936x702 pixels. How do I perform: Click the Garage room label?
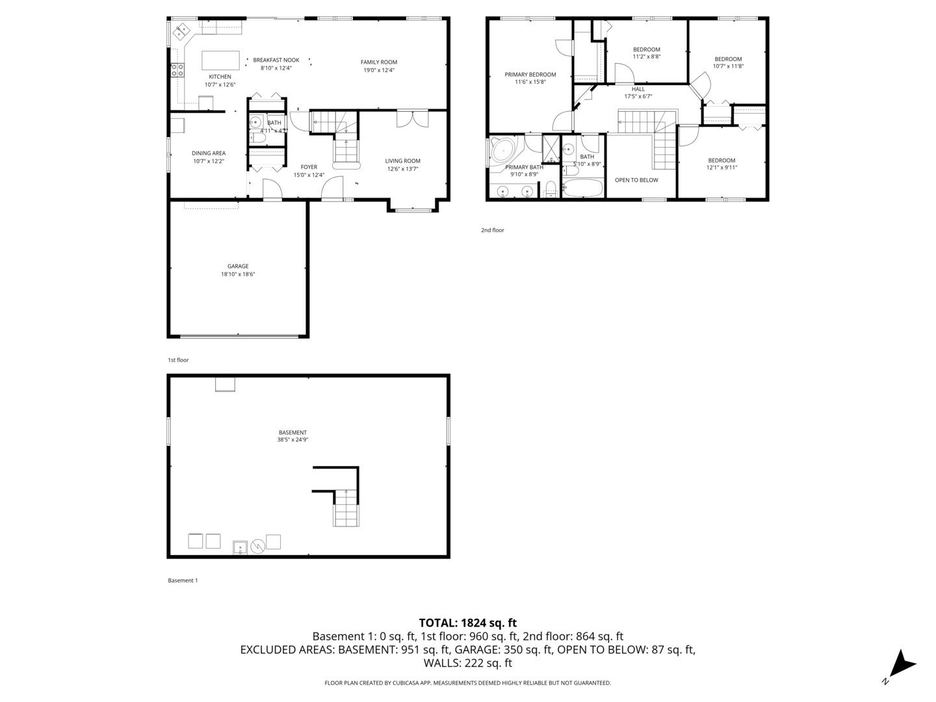[238, 266]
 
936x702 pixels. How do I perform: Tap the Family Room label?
[379, 62]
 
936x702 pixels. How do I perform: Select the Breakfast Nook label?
[276, 60]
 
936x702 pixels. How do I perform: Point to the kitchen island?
[220, 60]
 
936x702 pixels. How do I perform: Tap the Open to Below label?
[636, 180]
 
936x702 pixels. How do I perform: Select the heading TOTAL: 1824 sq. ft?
[467, 623]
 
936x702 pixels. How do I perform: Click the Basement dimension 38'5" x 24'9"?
[292, 440]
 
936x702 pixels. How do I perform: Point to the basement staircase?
[346, 508]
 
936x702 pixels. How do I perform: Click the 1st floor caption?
[178, 360]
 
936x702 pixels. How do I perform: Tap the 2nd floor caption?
[492, 230]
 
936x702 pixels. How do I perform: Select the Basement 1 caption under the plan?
[183, 580]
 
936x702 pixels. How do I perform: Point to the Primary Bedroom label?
[530, 75]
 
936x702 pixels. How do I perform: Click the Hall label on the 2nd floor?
[638, 89]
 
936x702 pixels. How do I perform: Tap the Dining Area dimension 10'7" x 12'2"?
[209, 161]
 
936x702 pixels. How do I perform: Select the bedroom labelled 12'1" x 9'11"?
[721, 164]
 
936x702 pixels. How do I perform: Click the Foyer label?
[309, 167]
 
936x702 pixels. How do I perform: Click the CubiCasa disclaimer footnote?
[467, 683]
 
